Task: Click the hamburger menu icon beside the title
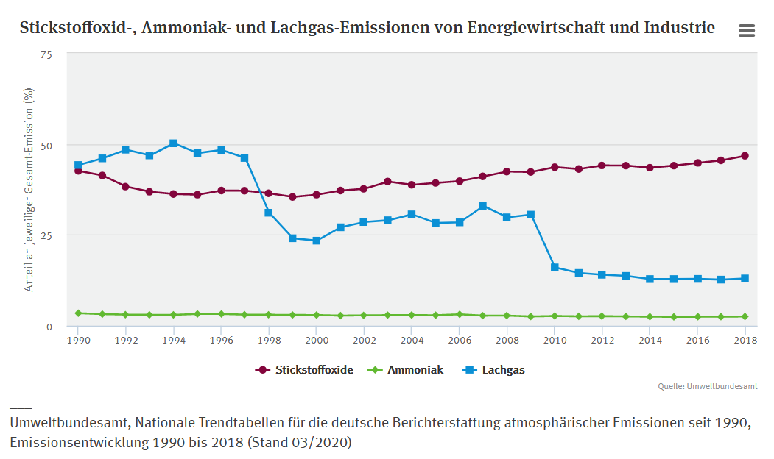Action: (x=746, y=30)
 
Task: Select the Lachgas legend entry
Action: (x=503, y=370)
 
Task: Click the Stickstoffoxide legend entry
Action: (x=314, y=370)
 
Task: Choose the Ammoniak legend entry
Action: (x=415, y=370)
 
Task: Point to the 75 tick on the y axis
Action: (x=46, y=54)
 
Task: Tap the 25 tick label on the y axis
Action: (x=46, y=235)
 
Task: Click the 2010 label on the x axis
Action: (x=555, y=341)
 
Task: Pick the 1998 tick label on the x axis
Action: (x=269, y=341)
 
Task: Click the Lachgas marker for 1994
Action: (x=173, y=143)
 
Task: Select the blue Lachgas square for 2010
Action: (x=555, y=267)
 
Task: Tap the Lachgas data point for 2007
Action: (x=483, y=206)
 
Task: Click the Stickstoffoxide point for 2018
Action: (x=745, y=156)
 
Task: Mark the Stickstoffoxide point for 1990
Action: (x=78, y=171)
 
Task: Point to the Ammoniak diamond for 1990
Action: (x=78, y=313)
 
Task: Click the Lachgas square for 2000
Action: (x=317, y=241)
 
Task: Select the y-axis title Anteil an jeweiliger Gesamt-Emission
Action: (x=29, y=190)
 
